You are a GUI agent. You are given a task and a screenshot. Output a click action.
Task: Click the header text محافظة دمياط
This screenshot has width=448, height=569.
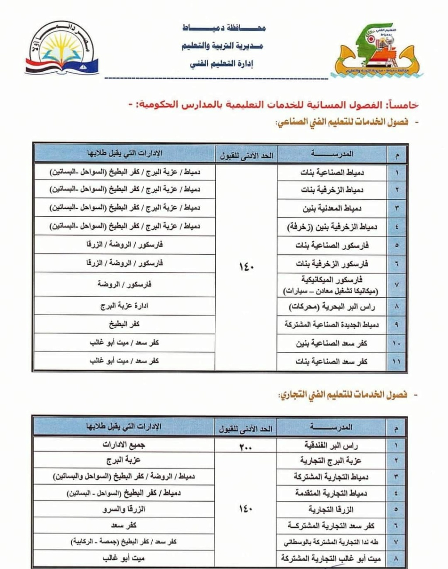click(x=224, y=28)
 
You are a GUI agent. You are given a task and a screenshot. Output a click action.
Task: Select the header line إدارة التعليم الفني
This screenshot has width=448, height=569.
click(x=222, y=64)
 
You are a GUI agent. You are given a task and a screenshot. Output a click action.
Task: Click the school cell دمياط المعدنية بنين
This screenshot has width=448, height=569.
click(x=332, y=208)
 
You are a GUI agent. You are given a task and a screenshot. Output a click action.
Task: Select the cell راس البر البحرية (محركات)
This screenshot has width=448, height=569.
click(x=332, y=307)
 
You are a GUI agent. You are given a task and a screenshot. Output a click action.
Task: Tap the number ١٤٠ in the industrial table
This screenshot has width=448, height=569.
click(x=246, y=266)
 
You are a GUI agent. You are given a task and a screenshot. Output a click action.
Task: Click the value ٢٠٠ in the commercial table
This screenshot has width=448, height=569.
click(x=246, y=446)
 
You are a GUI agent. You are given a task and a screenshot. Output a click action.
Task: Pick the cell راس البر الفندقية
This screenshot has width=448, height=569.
click(x=332, y=445)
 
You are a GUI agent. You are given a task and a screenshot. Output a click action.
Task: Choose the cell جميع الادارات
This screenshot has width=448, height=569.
click(x=124, y=445)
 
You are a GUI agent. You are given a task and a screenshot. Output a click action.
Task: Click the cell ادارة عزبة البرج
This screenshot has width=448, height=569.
click(x=124, y=306)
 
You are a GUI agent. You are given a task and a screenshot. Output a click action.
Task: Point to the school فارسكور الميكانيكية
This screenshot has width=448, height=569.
click(x=332, y=279)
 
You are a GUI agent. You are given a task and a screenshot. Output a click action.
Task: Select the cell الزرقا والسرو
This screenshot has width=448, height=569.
click(x=124, y=509)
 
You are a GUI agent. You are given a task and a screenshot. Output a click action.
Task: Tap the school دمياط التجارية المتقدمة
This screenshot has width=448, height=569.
click(x=331, y=493)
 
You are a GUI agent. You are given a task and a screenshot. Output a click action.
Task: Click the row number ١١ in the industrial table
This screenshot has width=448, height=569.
click(x=397, y=362)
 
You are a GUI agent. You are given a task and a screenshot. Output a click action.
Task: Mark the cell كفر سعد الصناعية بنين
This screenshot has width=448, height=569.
click(x=332, y=344)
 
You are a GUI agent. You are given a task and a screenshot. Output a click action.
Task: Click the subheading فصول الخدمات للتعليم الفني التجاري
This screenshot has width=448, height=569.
click(x=343, y=395)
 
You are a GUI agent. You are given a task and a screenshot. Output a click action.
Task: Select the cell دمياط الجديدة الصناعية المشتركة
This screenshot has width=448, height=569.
click(x=332, y=325)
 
